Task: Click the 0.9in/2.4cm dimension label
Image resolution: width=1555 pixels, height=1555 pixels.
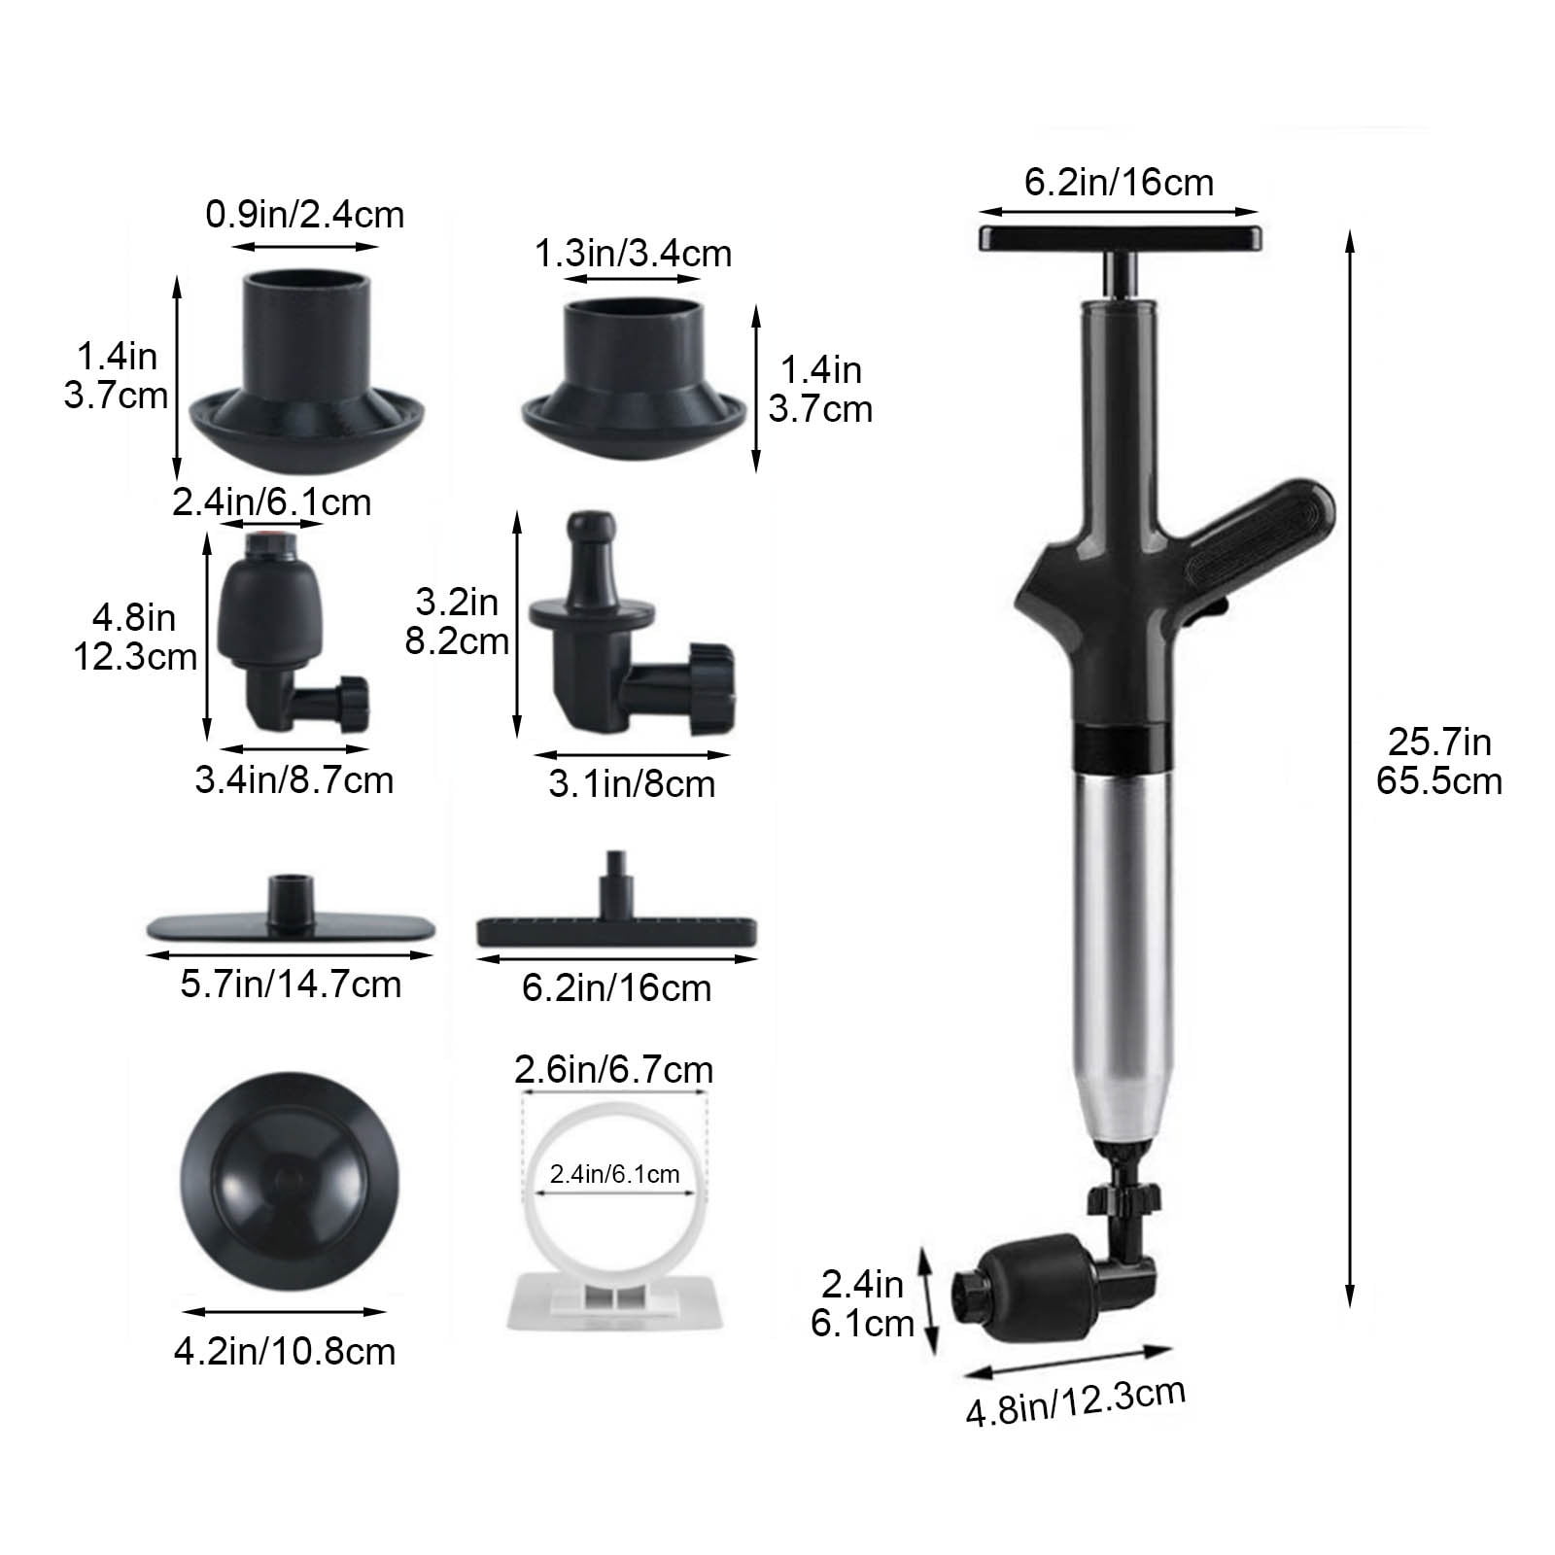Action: click(x=304, y=215)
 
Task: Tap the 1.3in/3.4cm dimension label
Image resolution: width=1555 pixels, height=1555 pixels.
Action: click(x=633, y=254)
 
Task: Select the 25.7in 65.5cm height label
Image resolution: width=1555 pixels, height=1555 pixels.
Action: click(x=1438, y=761)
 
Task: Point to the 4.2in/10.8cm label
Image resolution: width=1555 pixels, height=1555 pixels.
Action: click(x=285, y=1352)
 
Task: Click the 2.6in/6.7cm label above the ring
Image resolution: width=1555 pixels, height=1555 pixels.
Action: click(x=613, y=1070)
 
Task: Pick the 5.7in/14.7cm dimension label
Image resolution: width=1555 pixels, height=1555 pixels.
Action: click(x=291, y=985)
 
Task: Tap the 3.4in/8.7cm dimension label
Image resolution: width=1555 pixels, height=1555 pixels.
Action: click(x=294, y=780)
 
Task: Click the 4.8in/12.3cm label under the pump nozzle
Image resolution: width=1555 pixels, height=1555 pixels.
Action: click(x=1075, y=1400)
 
